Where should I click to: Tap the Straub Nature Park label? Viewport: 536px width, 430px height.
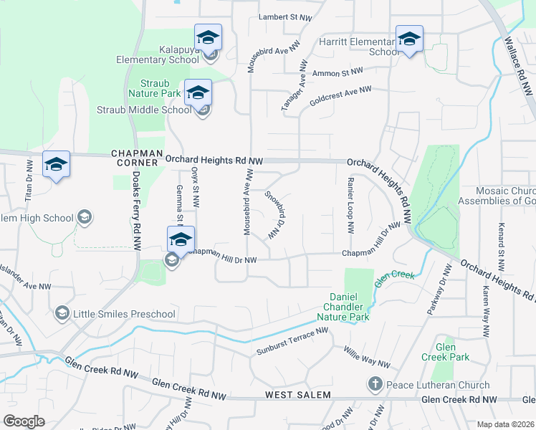pyautogui.click(x=154, y=88)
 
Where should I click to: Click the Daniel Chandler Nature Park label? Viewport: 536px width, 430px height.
pyautogui.click(x=349, y=307)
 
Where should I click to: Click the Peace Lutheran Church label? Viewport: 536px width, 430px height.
pyautogui.click(x=438, y=385)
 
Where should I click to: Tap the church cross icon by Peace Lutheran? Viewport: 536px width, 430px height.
pyautogui.click(x=374, y=385)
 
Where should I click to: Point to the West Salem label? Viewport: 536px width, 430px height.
pyautogui.click(x=297, y=396)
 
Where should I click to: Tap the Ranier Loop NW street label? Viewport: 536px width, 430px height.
pyautogui.click(x=350, y=206)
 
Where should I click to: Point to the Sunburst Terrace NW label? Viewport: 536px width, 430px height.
pyautogui.click(x=292, y=341)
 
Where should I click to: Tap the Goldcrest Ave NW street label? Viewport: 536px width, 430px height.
pyautogui.click(x=340, y=96)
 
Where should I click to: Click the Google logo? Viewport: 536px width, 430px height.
pyautogui.click(x=24, y=421)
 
